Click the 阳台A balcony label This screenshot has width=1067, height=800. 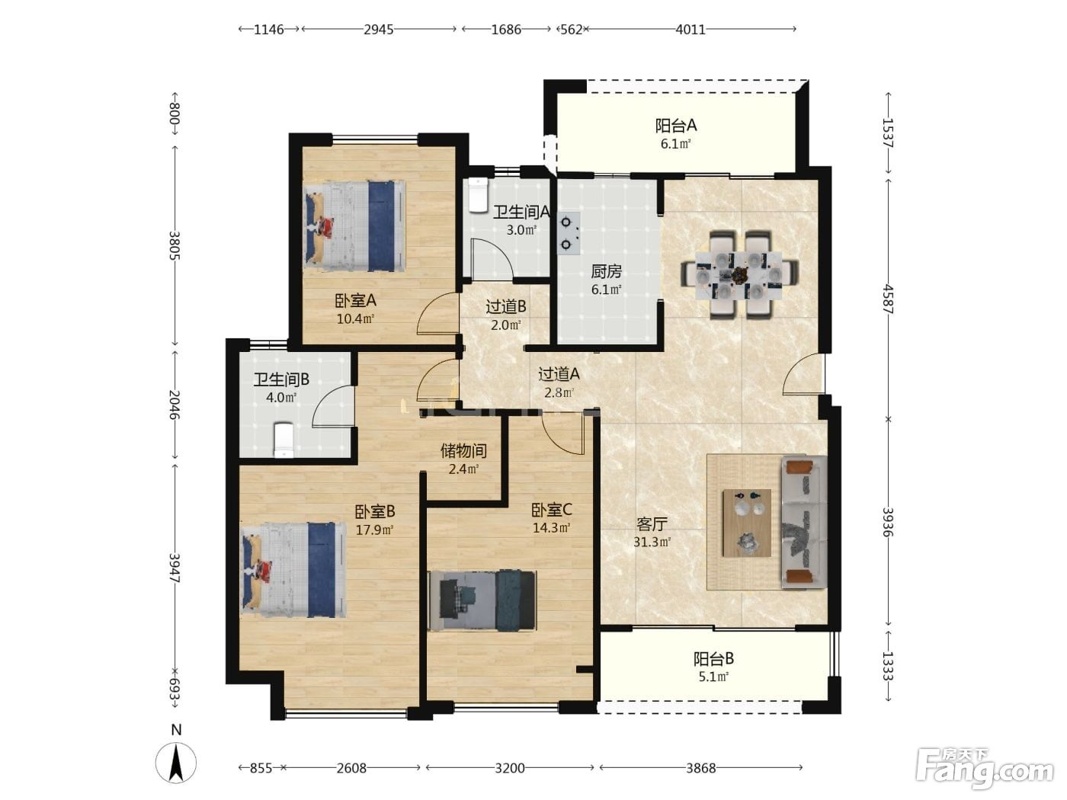point(676,126)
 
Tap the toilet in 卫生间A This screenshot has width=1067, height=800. point(479,195)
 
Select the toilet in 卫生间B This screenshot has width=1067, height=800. point(284,440)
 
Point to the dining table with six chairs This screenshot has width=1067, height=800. point(739,275)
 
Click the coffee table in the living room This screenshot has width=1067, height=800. point(747,523)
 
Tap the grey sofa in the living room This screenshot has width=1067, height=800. point(804,522)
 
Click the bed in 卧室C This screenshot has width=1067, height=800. point(482,601)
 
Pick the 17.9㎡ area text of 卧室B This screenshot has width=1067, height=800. point(374,530)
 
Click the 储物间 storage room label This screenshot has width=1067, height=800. point(463,451)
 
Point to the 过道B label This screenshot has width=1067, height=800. point(505,306)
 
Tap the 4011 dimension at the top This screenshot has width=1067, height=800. point(691,30)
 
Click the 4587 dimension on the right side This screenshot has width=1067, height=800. point(888,299)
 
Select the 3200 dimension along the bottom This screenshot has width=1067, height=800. point(509,768)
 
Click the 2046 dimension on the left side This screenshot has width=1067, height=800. point(175,405)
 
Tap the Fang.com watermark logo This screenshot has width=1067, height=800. point(985,772)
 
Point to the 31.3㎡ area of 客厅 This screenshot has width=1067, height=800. point(652,542)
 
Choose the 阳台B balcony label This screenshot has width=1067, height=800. point(713,659)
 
